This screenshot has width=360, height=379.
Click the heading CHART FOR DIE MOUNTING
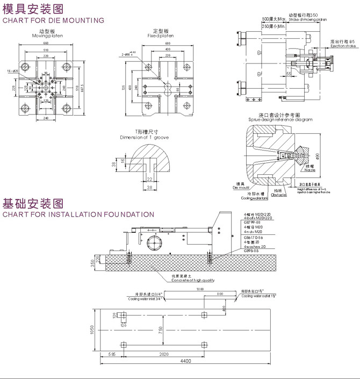(x=54, y=20)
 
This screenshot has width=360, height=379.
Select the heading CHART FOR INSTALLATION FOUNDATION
(x=78, y=214)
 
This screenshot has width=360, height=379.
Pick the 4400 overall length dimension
(x=185, y=361)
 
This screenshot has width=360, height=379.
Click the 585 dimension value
(x=112, y=355)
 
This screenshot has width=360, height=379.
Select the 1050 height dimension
(x=92, y=329)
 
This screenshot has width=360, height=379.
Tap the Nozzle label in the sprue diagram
(x=308, y=170)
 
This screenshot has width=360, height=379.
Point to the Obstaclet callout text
(x=279, y=195)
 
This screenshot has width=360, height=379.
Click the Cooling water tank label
(x=254, y=198)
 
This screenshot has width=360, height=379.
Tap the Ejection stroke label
(x=342, y=46)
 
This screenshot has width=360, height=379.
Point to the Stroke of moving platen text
(x=307, y=19)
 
